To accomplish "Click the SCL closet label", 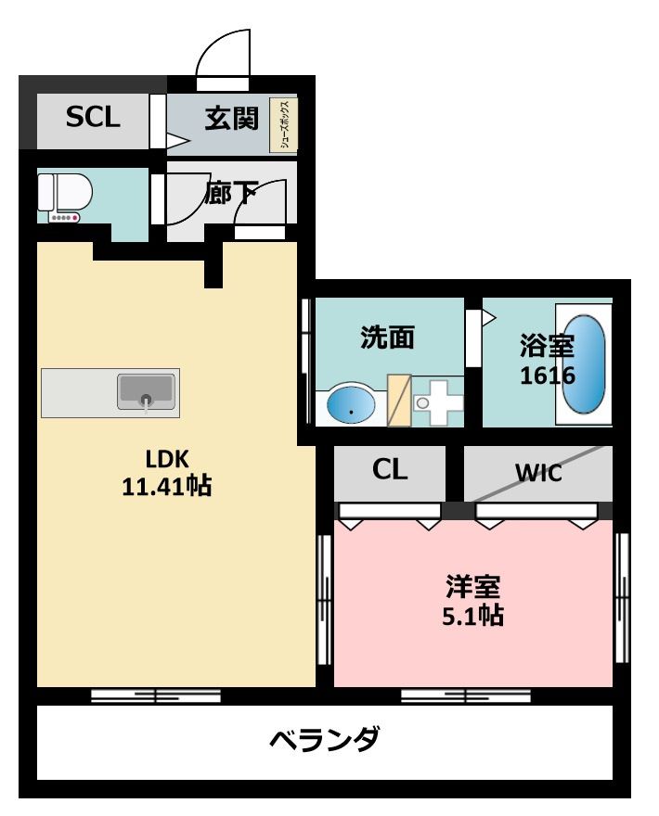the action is pyautogui.click(x=93, y=117).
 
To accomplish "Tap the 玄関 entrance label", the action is pyautogui.click(x=231, y=118).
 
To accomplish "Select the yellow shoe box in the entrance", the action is pyautogui.click(x=283, y=125).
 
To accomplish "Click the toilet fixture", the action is pyautogui.click(x=65, y=198).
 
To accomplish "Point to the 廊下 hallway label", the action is pyautogui.click(x=230, y=193).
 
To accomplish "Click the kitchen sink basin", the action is pyautogui.click(x=146, y=391).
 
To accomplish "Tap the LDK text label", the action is pyautogui.click(x=167, y=459).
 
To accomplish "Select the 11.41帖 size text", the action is pyautogui.click(x=167, y=487).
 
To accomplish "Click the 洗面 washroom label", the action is pyautogui.click(x=387, y=338).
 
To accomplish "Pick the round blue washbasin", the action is pyautogui.click(x=351, y=405).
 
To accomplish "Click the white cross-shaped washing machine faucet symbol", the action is pyautogui.click(x=439, y=402).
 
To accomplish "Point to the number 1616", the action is pyautogui.click(x=548, y=376).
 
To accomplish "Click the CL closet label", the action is pyautogui.click(x=389, y=469).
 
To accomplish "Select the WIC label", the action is pyautogui.click(x=538, y=473).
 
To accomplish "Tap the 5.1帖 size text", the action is pyautogui.click(x=472, y=616).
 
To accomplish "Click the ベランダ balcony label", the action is pyautogui.click(x=325, y=739).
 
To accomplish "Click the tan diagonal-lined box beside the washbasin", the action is pyautogui.click(x=399, y=401).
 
